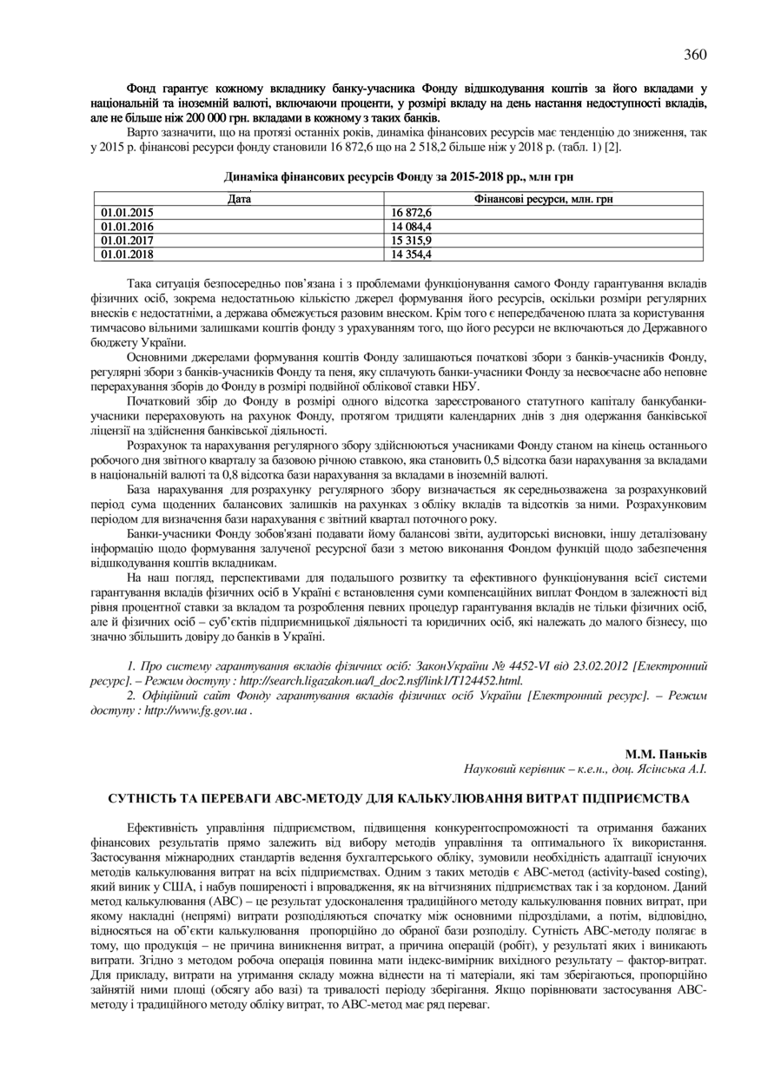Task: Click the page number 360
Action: (x=695, y=55)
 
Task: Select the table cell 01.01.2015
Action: (x=127, y=213)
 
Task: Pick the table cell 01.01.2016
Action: (x=127, y=227)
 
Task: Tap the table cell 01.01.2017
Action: (x=127, y=241)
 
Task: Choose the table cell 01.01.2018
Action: (x=127, y=254)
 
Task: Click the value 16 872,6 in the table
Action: (x=412, y=213)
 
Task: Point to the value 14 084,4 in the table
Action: (x=412, y=227)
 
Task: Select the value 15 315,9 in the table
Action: (x=412, y=241)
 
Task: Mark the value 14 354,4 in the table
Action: (x=412, y=254)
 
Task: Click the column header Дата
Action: (x=240, y=200)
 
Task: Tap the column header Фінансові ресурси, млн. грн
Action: (x=545, y=200)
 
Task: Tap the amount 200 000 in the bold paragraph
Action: (x=207, y=116)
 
